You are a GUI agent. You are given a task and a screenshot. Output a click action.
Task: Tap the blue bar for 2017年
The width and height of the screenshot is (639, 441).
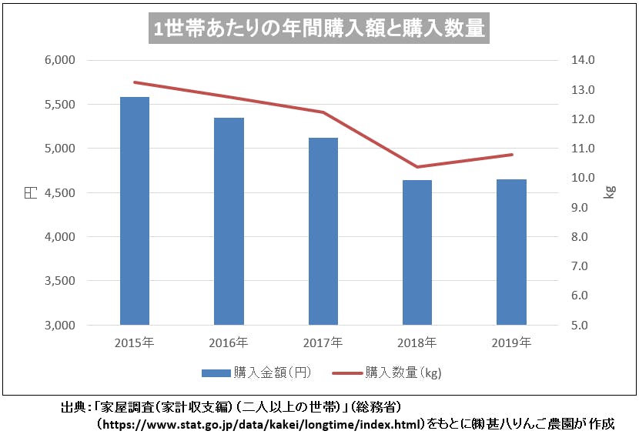click(323, 231)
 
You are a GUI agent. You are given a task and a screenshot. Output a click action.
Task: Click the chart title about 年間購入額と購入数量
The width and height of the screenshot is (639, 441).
click(319, 28)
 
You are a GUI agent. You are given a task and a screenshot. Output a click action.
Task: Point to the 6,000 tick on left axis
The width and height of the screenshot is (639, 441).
click(59, 60)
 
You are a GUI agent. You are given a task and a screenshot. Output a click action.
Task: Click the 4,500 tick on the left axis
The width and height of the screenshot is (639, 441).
click(59, 192)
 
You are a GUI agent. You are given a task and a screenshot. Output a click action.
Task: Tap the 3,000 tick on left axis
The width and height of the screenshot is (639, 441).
click(59, 326)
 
